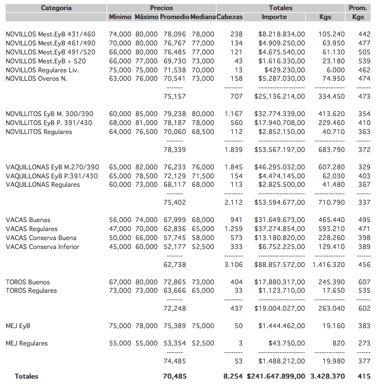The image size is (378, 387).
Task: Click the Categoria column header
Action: click(x=56, y=8)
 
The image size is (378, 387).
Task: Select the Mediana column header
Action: click(x=202, y=17)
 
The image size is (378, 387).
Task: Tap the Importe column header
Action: click(x=274, y=17)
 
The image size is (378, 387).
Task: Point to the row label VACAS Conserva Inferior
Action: click(x=43, y=247)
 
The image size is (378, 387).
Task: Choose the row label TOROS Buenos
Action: click(x=27, y=282)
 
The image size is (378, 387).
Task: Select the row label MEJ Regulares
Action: click(x=27, y=343)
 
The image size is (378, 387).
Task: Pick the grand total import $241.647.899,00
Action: click(x=276, y=376)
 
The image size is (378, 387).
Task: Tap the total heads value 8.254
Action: click(x=233, y=376)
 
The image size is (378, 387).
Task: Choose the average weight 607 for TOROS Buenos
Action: click(x=364, y=282)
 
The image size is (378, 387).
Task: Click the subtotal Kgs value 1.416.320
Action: click(x=328, y=264)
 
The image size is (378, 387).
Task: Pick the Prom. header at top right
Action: click(x=358, y=8)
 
